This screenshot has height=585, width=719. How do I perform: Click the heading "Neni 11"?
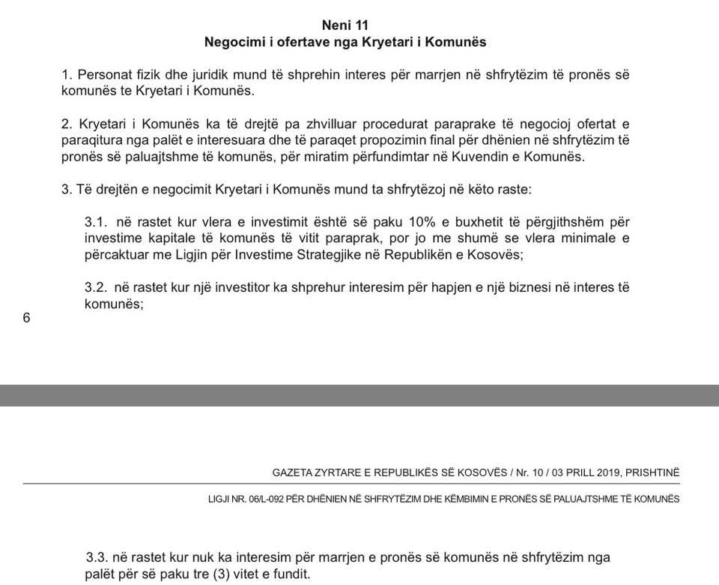[x=345, y=25]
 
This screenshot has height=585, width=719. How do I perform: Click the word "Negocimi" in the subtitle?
[x=233, y=43]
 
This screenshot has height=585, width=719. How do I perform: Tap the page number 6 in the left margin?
[x=27, y=317]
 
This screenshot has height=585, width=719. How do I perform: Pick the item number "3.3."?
[x=98, y=557]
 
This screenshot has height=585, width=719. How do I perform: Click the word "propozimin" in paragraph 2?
[x=327, y=140]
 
